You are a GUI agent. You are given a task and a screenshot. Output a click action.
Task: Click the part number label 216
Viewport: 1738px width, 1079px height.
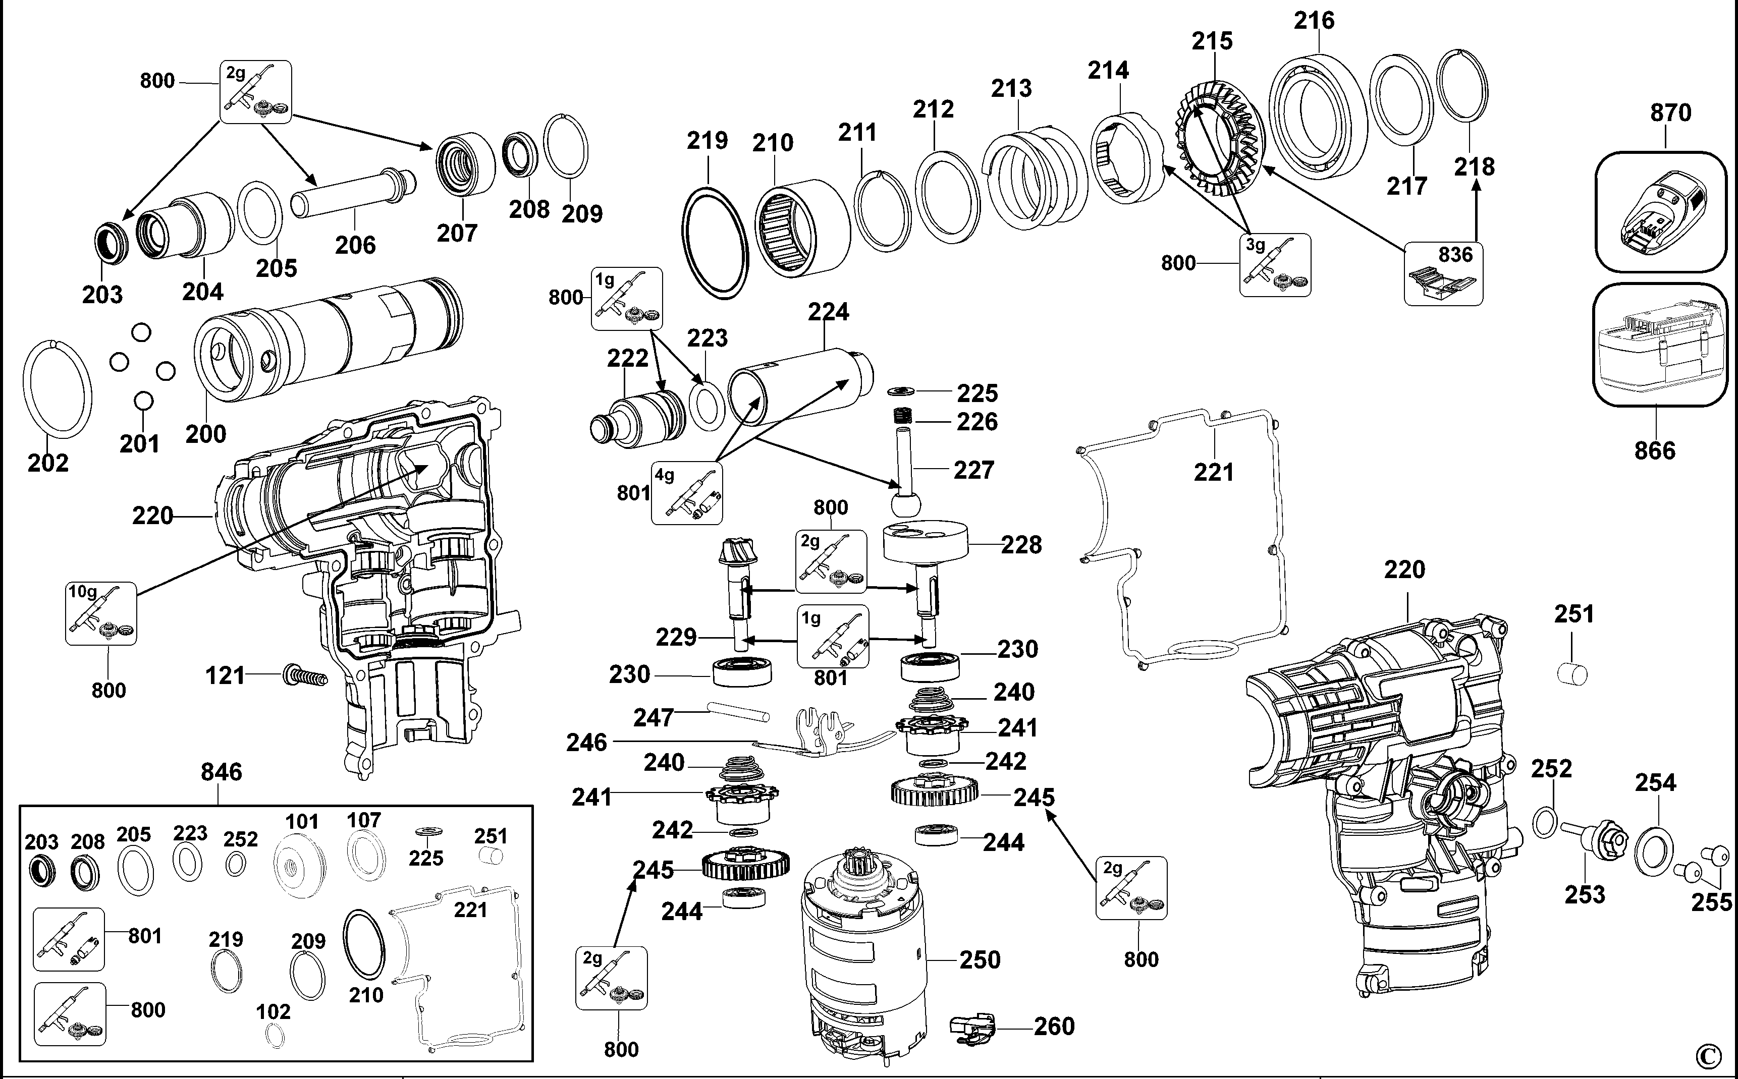pos(1314,21)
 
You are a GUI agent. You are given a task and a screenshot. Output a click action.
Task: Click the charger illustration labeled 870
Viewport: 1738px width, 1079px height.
pos(1659,211)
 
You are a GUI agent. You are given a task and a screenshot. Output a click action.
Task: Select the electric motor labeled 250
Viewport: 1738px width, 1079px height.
pos(863,956)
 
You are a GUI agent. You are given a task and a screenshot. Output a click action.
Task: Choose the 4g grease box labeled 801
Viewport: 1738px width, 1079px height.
pos(687,493)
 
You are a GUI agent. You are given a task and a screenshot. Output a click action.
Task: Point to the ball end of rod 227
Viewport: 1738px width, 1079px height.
pos(906,504)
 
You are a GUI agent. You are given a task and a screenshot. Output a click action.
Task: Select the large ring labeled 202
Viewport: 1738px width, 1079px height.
pos(57,389)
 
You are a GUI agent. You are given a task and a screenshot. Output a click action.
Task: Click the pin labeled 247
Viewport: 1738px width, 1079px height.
pos(738,711)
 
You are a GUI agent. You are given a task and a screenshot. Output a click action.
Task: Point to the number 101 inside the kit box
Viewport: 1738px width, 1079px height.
pos(301,821)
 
